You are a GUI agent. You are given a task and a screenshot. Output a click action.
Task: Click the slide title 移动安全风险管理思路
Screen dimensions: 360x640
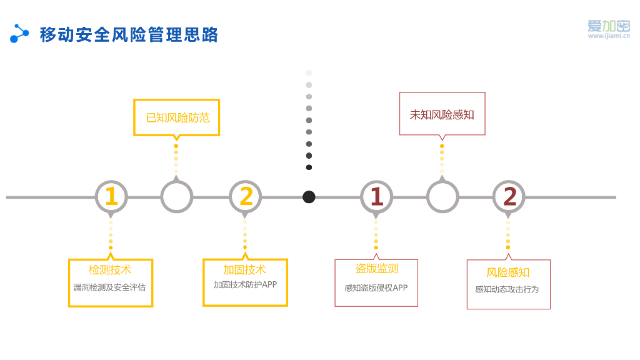(x=129, y=34)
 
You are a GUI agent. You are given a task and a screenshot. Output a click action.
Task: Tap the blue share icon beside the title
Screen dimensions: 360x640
(x=19, y=34)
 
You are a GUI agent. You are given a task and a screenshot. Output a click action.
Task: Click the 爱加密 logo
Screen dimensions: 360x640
(x=608, y=26)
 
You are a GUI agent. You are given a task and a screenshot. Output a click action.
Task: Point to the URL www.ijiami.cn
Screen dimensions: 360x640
(x=608, y=36)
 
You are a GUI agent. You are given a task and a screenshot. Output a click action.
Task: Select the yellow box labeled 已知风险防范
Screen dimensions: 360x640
(x=177, y=117)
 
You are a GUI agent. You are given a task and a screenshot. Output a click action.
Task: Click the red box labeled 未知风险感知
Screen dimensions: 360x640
(x=442, y=114)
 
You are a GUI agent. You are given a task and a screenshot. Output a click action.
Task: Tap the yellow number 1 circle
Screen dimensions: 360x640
(x=111, y=197)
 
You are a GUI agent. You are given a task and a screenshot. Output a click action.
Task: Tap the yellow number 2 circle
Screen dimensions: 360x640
(x=246, y=197)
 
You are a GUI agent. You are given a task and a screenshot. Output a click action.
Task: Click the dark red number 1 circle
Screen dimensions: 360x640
(x=376, y=197)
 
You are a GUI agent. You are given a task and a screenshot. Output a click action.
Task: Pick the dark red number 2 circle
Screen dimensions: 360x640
(x=509, y=197)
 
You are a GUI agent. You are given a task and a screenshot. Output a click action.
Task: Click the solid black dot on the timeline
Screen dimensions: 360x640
(x=309, y=197)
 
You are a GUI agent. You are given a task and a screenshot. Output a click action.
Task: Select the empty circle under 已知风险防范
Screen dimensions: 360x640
(x=177, y=197)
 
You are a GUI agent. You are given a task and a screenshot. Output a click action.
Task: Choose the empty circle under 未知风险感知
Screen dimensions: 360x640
(x=442, y=197)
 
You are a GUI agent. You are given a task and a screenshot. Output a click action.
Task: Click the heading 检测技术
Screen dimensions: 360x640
(x=110, y=270)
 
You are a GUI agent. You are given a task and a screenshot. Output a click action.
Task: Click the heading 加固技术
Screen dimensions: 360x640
(x=244, y=270)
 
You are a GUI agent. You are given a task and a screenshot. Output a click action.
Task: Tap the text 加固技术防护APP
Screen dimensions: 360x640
(x=245, y=285)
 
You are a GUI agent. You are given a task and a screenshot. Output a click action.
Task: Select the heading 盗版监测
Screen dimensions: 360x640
(x=376, y=269)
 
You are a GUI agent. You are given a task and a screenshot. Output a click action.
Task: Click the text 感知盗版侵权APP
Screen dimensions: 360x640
(x=376, y=288)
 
